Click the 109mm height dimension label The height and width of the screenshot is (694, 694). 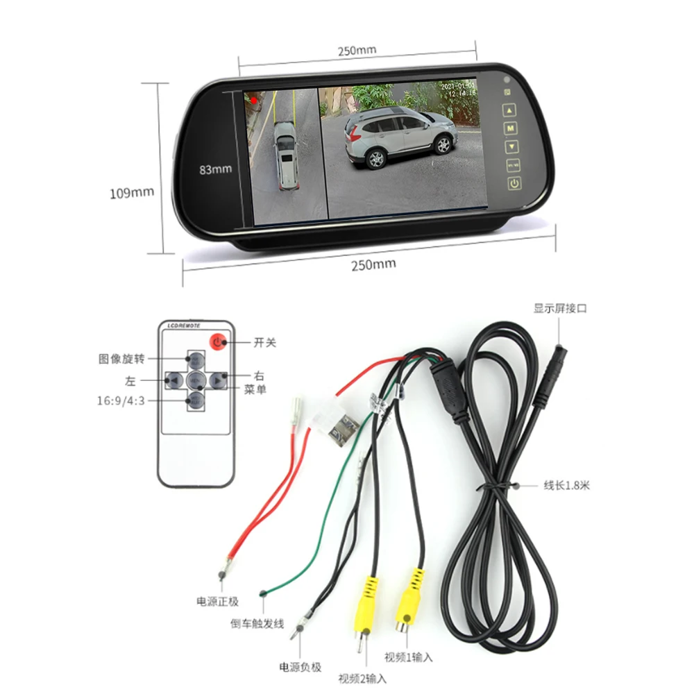tap(131, 192)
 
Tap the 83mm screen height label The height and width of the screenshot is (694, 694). tap(215, 169)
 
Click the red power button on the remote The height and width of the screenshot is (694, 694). tap(218, 341)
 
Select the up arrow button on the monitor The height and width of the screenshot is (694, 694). tap(511, 110)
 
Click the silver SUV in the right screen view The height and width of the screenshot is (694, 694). tap(401, 135)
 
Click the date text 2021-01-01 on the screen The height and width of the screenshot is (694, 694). tap(459, 86)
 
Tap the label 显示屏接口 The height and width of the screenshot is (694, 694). tap(559, 308)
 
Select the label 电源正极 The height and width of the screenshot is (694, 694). tap(217, 600)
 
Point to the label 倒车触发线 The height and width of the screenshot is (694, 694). tap(257, 624)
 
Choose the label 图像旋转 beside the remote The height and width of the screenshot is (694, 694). tap(121, 359)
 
